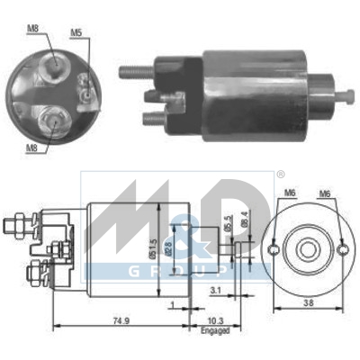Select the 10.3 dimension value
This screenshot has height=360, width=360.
[215, 321]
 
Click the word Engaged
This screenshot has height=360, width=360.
[216, 331]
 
